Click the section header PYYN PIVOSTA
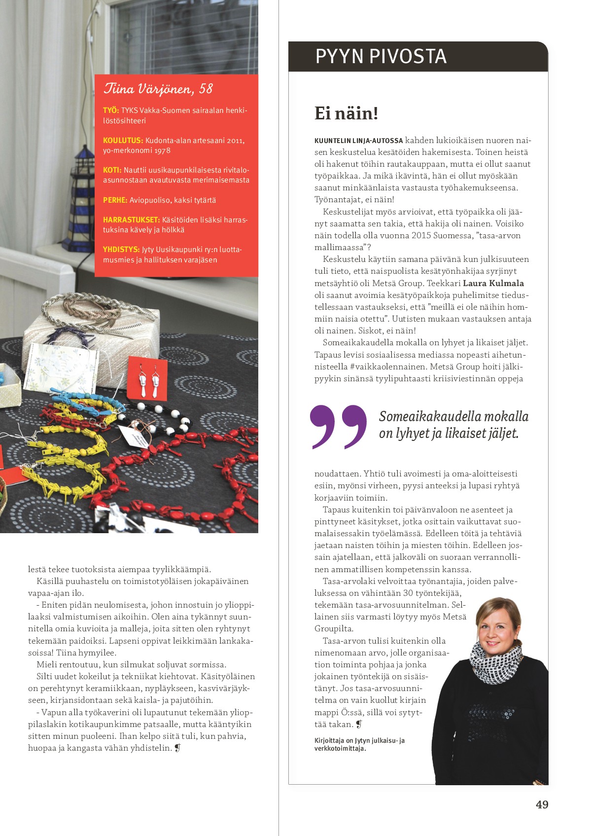(x=381, y=56)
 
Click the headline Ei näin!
(x=346, y=113)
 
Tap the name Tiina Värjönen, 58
(x=158, y=89)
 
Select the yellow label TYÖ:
(x=111, y=110)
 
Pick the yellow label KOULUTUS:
(x=123, y=141)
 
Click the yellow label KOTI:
(x=112, y=170)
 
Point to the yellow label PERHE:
(x=115, y=200)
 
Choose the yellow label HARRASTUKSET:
(x=131, y=220)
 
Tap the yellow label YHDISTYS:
(x=121, y=250)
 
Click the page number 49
(x=542, y=804)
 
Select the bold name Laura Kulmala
(x=493, y=283)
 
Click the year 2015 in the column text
(x=421, y=236)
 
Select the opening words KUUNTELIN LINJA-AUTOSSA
(x=358, y=141)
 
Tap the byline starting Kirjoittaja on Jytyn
(x=359, y=744)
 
